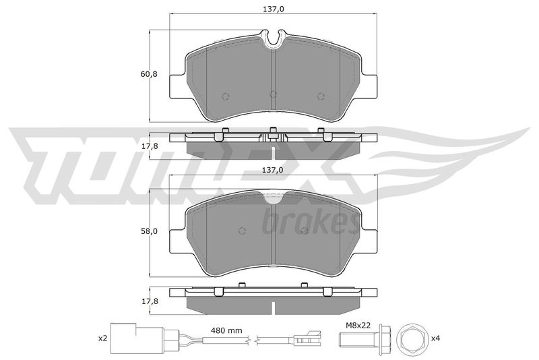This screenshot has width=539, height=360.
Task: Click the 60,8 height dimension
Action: point(148,74)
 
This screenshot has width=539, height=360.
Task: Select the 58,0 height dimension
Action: point(148,231)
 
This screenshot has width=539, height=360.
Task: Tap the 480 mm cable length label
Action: point(226,331)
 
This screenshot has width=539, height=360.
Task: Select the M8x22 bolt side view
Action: point(364,338)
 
